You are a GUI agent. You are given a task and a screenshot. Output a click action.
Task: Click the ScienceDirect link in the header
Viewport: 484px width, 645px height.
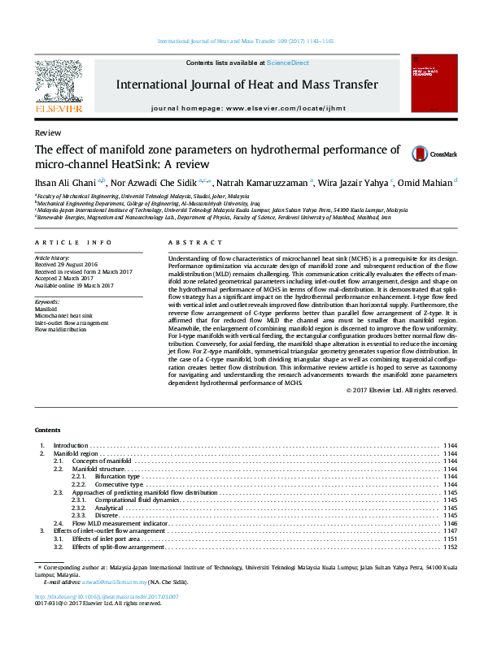(x=289, y=63)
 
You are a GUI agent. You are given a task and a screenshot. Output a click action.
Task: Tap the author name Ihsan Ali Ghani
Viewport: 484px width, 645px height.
(x=64, y=183)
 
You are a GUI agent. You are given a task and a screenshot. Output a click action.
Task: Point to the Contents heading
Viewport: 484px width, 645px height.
(x=48, y=429)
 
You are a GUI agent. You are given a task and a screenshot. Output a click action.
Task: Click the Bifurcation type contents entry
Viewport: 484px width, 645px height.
(x=118, y=476)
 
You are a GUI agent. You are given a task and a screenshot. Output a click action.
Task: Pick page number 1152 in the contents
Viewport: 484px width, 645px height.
(x=450, y=547)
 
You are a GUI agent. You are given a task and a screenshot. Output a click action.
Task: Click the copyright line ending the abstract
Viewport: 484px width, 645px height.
(x=402, y=390)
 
